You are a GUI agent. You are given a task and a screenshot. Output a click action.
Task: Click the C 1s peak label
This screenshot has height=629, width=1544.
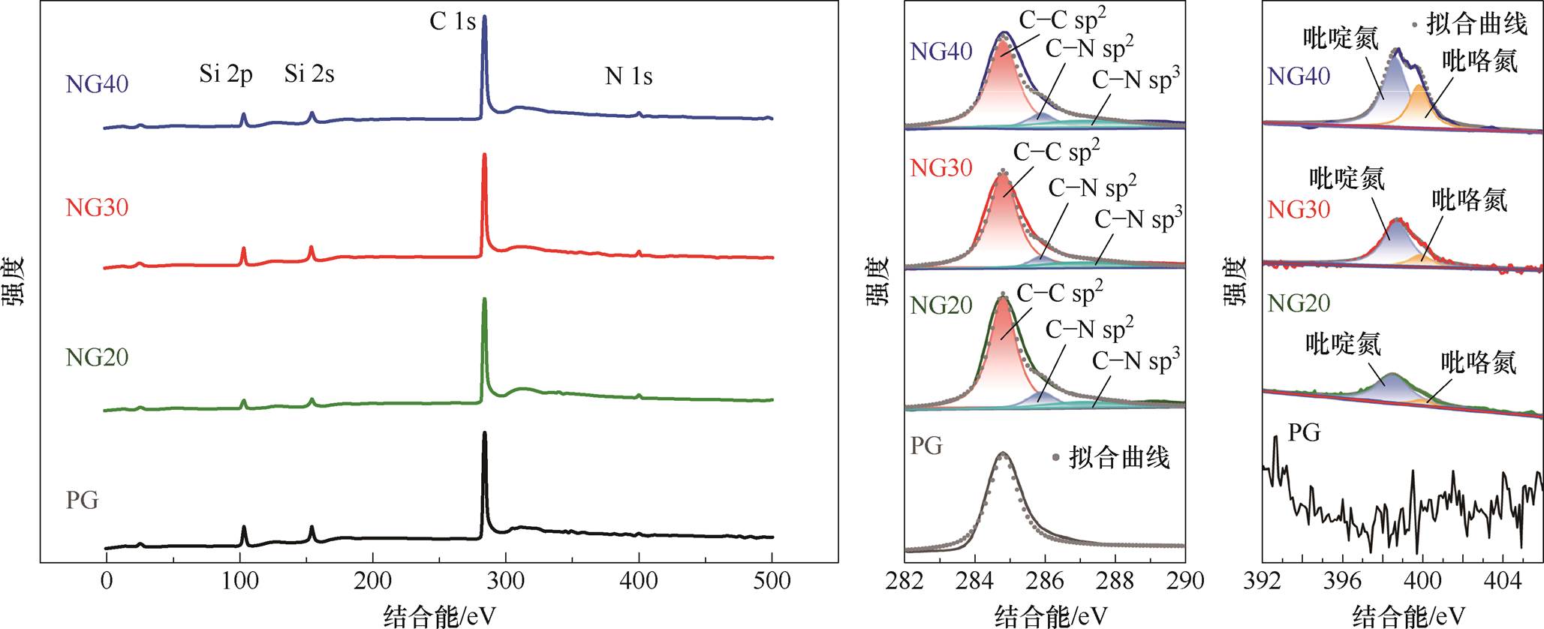[x=452, y=21]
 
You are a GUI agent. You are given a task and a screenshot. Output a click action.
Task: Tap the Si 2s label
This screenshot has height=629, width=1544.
[x=308, y=74]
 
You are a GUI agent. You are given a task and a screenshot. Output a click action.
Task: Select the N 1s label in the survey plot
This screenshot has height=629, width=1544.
[x=628, y=76]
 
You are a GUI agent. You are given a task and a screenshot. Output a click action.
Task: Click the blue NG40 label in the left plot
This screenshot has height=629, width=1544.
[x=97, y=83]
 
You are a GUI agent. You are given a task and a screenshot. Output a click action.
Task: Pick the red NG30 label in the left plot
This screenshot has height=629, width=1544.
[x=97, y=207]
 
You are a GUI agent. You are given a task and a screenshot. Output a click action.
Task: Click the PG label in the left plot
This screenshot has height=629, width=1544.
[x=82, y=499]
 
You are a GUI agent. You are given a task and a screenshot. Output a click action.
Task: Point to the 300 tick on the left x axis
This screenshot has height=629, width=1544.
[x=506, y=581]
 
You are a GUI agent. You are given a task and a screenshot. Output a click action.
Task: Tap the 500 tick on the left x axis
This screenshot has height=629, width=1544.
[x=772, y=581]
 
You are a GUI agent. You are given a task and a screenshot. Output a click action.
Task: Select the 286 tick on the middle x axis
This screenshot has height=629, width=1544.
[x=1045, y=581]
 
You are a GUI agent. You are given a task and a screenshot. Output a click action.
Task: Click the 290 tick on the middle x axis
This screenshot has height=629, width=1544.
[x=1184, y=581]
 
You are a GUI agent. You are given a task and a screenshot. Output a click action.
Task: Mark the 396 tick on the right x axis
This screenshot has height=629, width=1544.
[x=1343, y=581]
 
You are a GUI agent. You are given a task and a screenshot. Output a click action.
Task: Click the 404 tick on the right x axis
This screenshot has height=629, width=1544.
[x=1503, y=581]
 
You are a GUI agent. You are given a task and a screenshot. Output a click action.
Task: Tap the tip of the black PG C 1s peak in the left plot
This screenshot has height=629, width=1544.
[x=484, y=433]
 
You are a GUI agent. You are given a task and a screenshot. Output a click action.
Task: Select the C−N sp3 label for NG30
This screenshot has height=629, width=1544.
[x=1138, y=219]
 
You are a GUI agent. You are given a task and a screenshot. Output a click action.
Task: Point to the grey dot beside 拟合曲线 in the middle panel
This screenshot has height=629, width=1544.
[x=1056, y=457]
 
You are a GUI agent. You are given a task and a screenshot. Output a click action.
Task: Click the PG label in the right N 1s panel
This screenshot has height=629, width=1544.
[x=1304, y=432]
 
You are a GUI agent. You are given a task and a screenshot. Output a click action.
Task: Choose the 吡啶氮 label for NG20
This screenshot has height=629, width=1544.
[x=1343, y=345]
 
